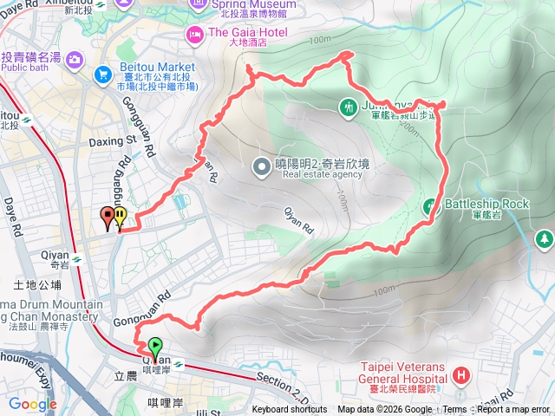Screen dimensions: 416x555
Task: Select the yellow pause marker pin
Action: coord(120,217)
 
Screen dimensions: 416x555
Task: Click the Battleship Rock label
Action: coord(486,205)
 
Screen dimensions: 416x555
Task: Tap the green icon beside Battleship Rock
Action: coord(431,206)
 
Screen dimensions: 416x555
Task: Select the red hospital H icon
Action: coord(461,376)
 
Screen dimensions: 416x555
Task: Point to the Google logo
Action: coord(33,404)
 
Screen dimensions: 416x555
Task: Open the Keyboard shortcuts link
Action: coord(291,410)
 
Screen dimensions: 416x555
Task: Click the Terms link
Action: coord(454,410)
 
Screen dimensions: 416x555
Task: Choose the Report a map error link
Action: coord(513,410)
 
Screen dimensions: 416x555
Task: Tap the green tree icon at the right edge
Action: coord(545,237)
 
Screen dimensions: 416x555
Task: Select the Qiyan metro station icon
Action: coord(77,257)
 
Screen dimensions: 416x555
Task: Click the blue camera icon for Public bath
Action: coord(75,58)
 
